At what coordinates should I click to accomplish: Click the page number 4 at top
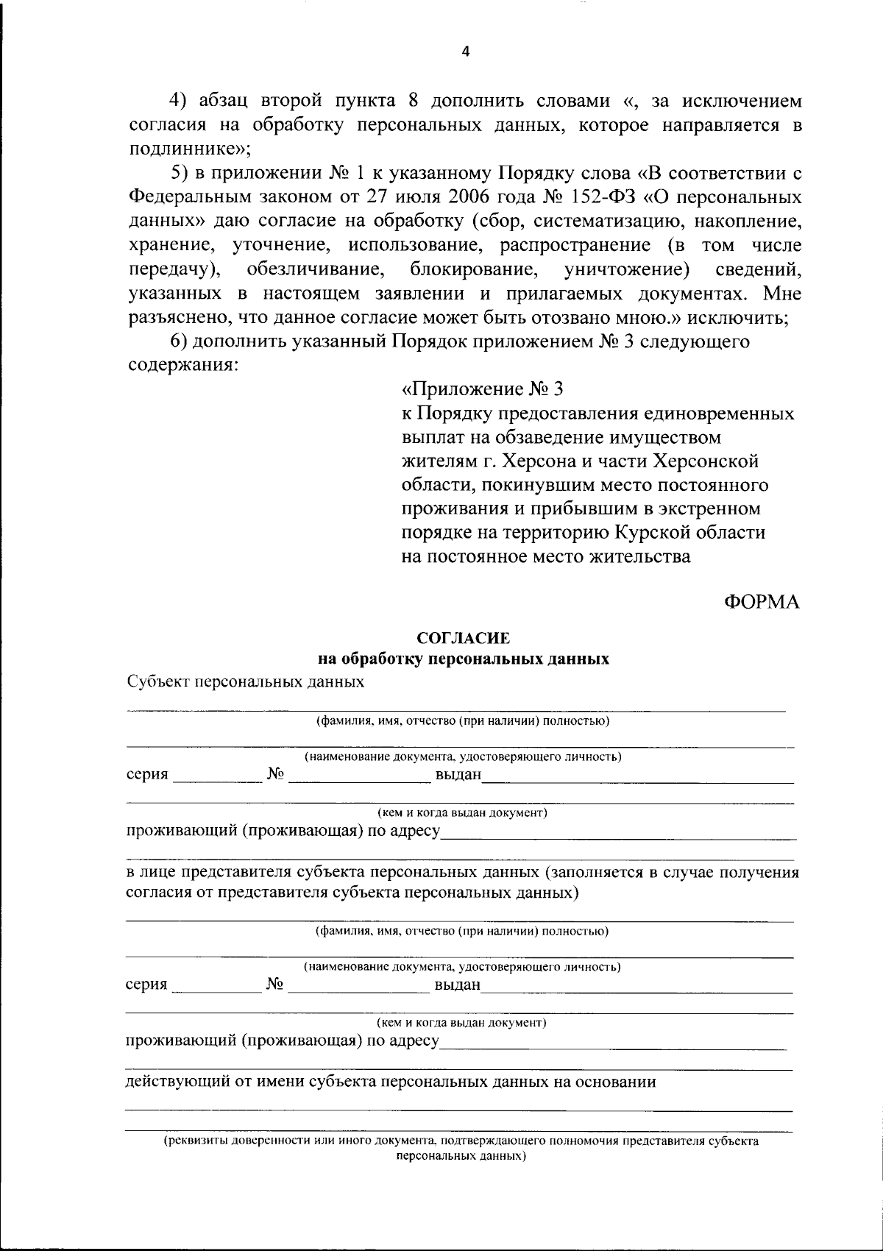tap(464, 51)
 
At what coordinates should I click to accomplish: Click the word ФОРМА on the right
tap(762, 602)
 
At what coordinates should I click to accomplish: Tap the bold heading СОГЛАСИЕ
tap(463, 639)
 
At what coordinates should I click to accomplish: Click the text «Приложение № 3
tap(483, 389)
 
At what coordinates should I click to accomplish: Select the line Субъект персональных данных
tap(245, 681)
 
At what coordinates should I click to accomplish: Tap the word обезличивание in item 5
tap(317, 269)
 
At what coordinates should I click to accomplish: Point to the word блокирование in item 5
tap(474, 269)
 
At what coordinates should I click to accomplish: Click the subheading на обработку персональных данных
tap(463, 659)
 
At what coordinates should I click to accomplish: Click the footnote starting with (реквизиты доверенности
tap(461, 1141)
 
